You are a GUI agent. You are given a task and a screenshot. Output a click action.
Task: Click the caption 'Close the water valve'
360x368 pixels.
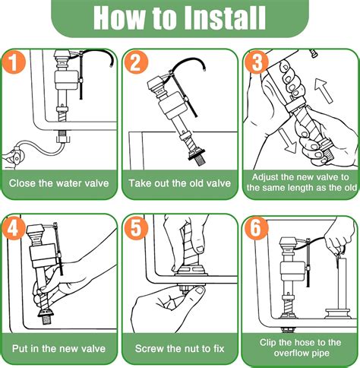tap(59, 182)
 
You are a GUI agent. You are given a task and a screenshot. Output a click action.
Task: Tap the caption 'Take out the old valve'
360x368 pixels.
tap(179, 182)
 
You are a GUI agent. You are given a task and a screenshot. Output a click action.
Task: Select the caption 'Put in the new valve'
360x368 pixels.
tap(59, 349)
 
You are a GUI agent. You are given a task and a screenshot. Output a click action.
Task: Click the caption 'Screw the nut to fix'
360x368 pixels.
tap(179, 349)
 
